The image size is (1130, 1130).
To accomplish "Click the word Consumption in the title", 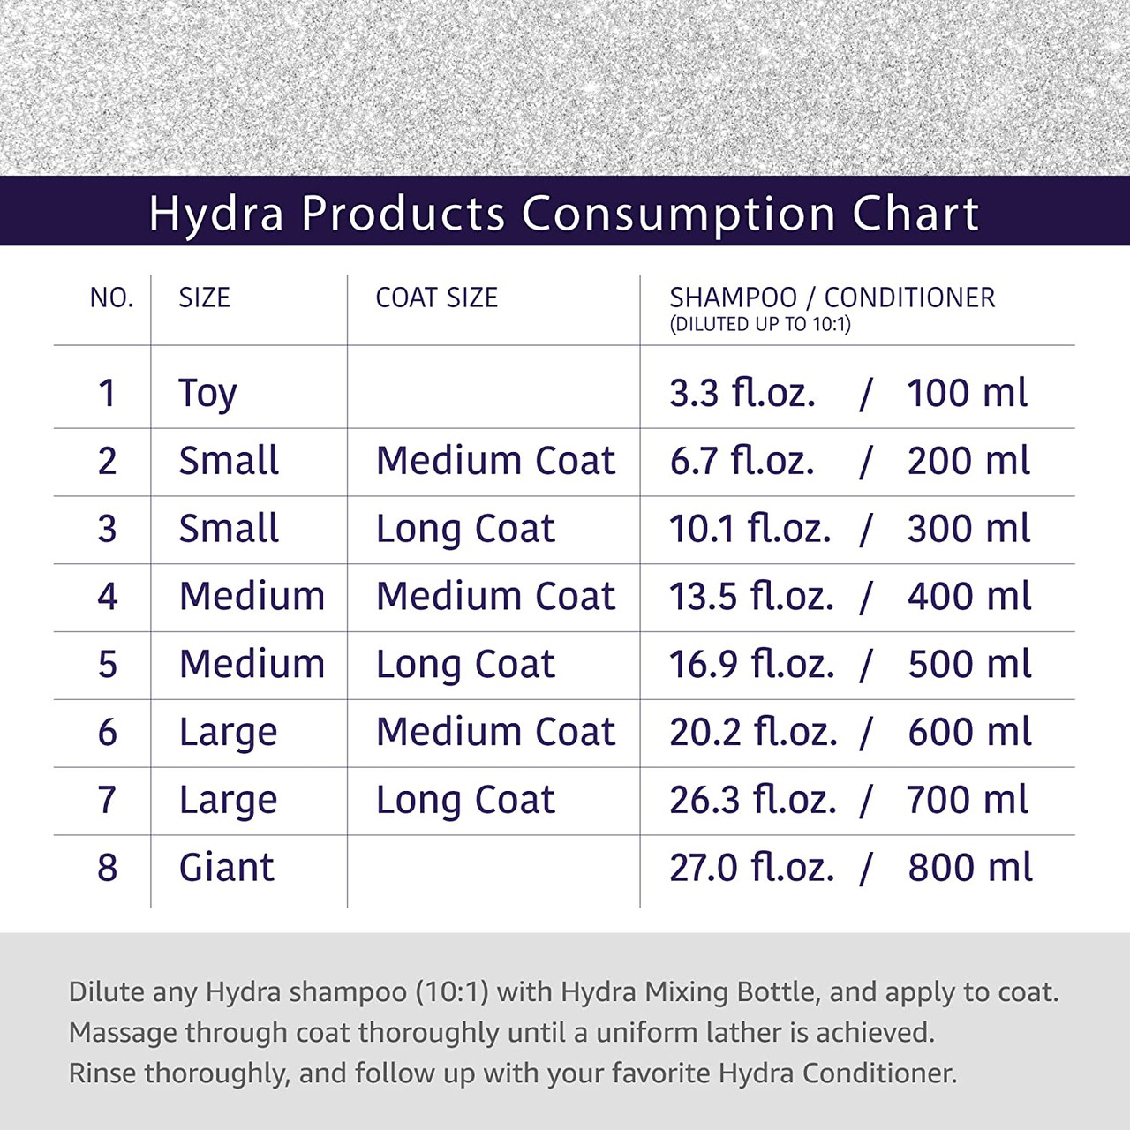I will pyautogui.click(x=678, y=215).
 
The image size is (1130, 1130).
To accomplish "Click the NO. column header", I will pyautogui.click(x=111, y=298).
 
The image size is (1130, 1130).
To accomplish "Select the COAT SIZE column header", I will pyautogui.click(x=436, y=298).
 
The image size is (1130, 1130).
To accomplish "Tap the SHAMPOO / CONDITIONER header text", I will pyautogui.click(x=832, y=298).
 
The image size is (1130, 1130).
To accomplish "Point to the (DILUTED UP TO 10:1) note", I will pyautogui.click(x=759, y=325).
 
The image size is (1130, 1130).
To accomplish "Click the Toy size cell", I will pyautogui.click(x=207, y=394).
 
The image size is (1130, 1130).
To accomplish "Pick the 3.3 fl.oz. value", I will pyautogui.click(x=742, y=394).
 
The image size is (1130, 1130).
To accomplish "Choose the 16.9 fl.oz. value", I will pyautogui.click(x=751, y=665).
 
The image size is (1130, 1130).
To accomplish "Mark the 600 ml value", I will pyautogui.click(x=969, y=733).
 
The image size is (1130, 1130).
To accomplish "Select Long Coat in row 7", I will pyautogui.click(x=465, y=801).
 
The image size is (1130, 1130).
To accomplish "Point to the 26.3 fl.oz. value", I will pyautogui.click(x=752, y=801).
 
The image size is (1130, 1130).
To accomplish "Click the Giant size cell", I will pyautogui.click(x=226, y=868).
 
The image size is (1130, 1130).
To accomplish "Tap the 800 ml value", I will pyautogui.click(x=969, y=868).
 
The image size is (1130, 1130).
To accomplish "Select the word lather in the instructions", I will pyautogui.click(x=738, y=1033).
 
